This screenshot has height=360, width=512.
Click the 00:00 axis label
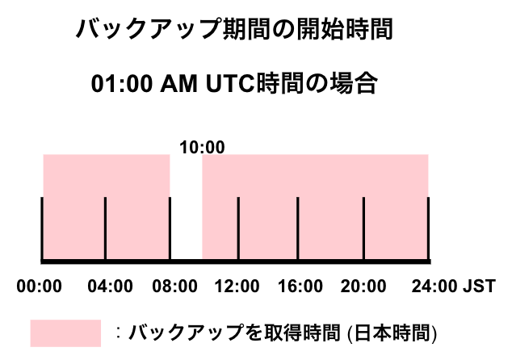tap(40, 287)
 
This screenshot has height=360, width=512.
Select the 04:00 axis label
tap(110, 287)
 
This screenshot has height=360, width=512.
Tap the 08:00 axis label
tap(174, 287)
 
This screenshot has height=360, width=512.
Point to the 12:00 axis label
tap(237, 287)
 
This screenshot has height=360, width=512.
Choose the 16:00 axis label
tap(300, 287)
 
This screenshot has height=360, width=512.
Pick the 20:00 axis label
tap(363, 287)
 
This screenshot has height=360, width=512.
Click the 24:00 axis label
tap(434, 287)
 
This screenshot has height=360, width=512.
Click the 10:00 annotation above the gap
tap(202, 147)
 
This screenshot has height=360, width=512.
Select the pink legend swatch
tap(65, 333)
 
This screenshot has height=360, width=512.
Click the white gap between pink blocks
tap(186, 207)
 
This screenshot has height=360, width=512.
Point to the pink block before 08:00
tap(107, 207)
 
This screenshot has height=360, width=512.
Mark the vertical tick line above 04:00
tap(105, 228)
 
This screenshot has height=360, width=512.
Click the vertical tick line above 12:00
tap(238, 228)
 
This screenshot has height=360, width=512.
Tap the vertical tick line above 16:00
tap(298, 228)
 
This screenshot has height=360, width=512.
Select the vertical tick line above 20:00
tap(363, 228)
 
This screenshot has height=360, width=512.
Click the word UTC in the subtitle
tap(230, 84)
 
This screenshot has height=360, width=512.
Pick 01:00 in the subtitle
tap(122, 84)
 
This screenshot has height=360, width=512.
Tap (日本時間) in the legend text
tap(392, 333)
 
